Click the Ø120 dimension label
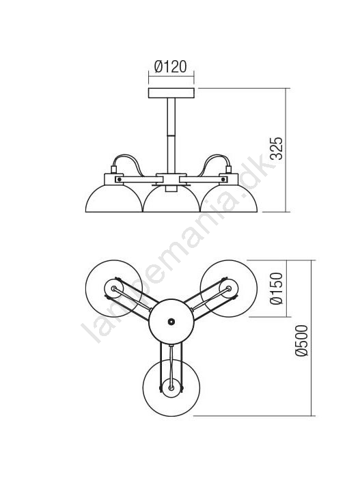point(171,67)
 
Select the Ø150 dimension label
point(276,288)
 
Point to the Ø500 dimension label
point(301,341)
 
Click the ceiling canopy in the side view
point(171,93)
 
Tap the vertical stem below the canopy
point(171,135)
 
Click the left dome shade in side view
point(114,199)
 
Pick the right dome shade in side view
point(228,199)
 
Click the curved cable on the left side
point(126,156)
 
